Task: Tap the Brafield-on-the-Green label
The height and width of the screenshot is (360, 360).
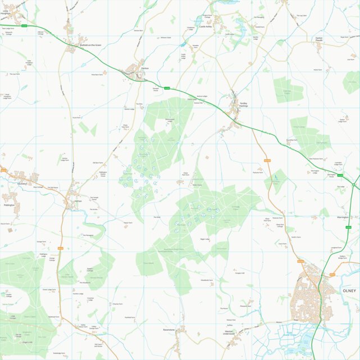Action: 90,45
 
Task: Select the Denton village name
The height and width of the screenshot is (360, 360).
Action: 144,68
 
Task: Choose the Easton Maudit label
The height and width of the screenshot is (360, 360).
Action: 318,40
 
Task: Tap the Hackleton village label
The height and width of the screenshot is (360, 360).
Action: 22,184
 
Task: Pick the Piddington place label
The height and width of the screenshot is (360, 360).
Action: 9,205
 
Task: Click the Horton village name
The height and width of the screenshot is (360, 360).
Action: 79,200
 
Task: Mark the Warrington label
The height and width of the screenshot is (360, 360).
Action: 343,216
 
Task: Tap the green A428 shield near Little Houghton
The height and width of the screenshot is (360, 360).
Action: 25,25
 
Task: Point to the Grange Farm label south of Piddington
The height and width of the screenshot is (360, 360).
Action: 41,241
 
